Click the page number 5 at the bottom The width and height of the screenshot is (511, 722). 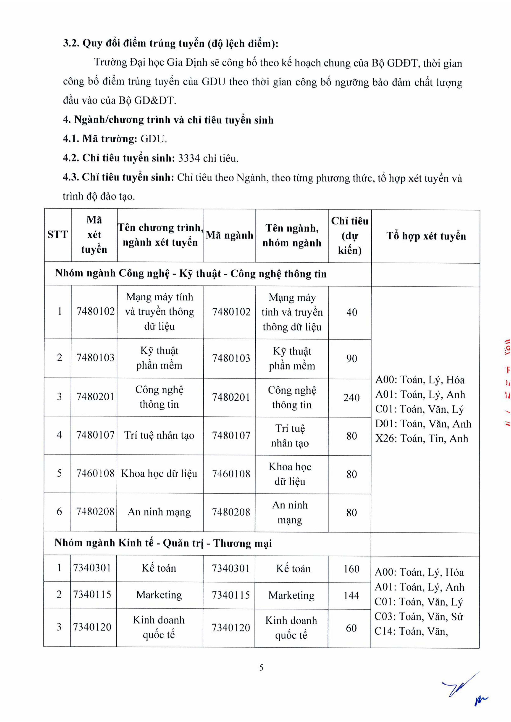(x=261, y=667)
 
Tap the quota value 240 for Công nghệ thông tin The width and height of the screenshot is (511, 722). (x=351, y=398)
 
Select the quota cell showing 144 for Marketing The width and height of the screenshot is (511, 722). (x=351, y=595)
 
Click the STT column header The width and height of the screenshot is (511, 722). (x=58, y=235)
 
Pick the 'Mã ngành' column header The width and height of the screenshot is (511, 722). (x=230, y=235)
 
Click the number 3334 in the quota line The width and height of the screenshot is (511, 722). (x=189, y=158)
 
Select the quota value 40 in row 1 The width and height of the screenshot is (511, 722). (x=351, y=312)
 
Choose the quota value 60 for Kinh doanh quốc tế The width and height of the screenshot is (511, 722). (x=351, y=628)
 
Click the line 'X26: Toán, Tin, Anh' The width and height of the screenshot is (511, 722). (x=422, y=438)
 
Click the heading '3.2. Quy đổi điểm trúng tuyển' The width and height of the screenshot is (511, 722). (x=171, y=43)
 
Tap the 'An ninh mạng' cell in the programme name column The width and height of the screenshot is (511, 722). (x=159, y=512)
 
